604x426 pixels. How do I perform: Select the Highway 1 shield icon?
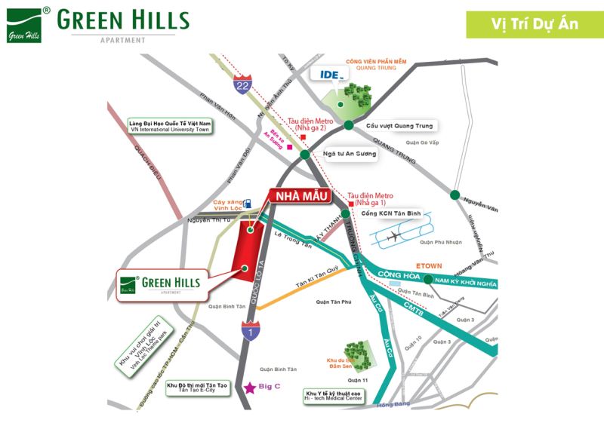click(249, 329)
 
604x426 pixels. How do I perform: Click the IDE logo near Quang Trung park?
click(326, 76)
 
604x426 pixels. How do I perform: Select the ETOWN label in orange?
click(429, 265)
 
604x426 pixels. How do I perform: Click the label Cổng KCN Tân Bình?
click(391, 213)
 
